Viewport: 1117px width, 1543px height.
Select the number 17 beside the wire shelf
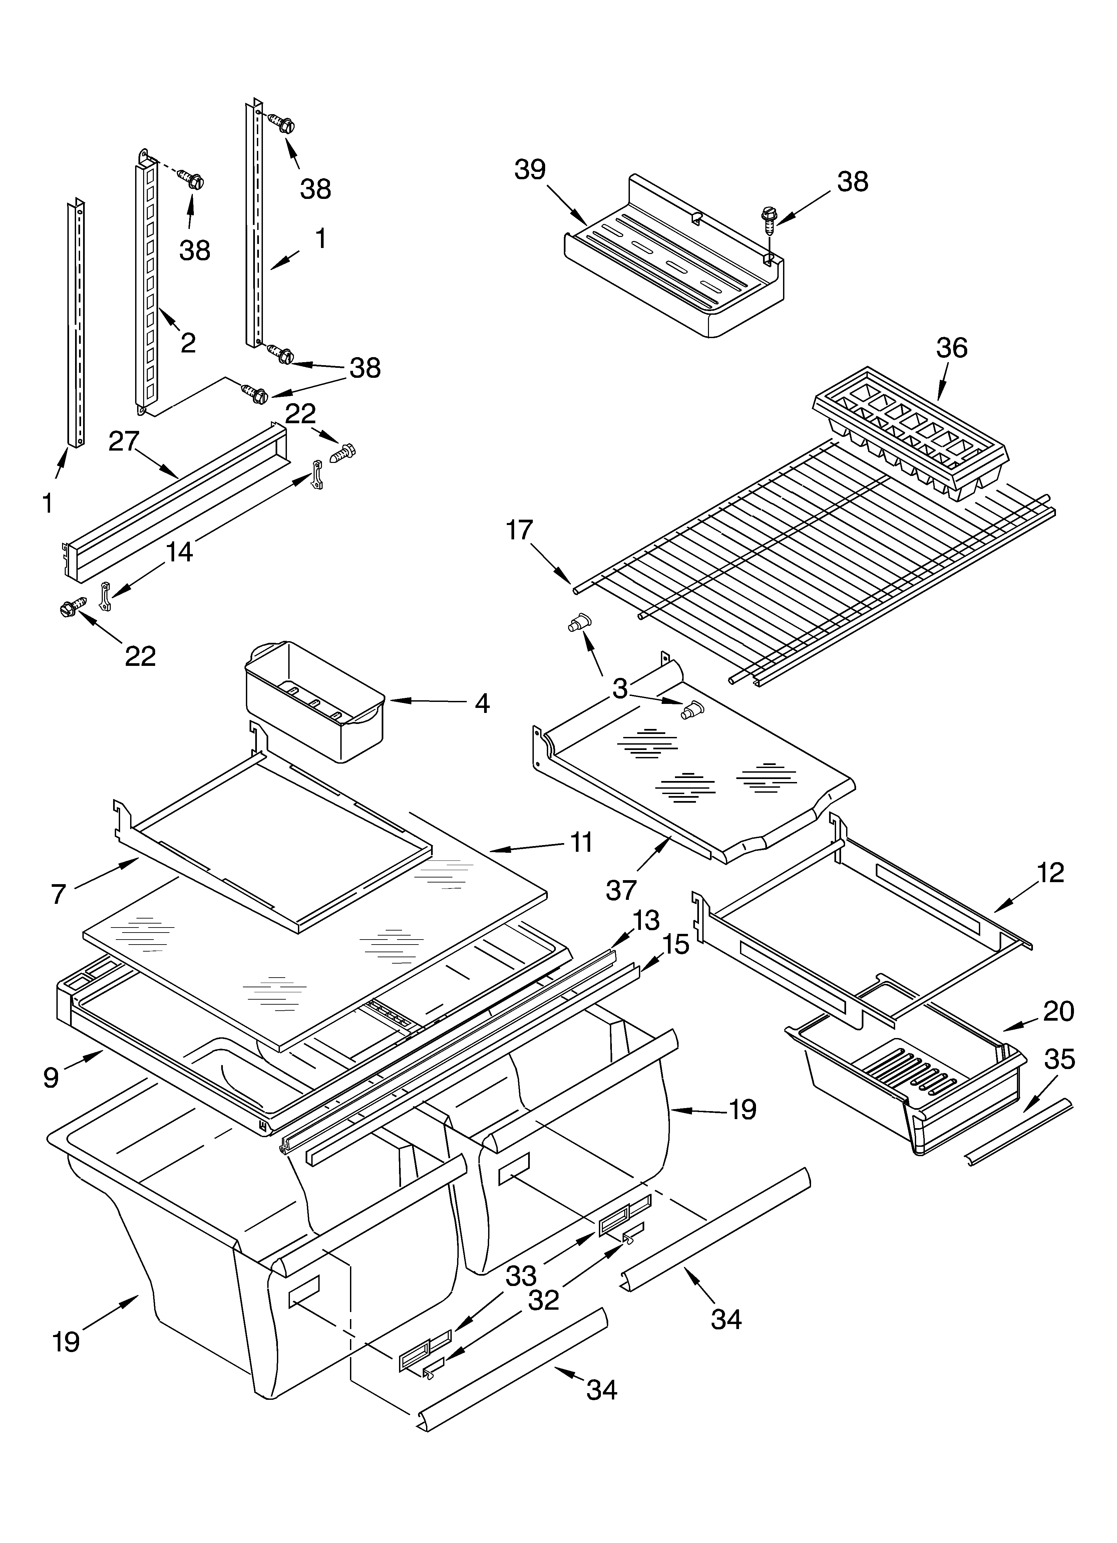(x=519, y=530)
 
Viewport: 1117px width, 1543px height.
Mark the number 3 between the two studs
(x=619, y=689)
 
